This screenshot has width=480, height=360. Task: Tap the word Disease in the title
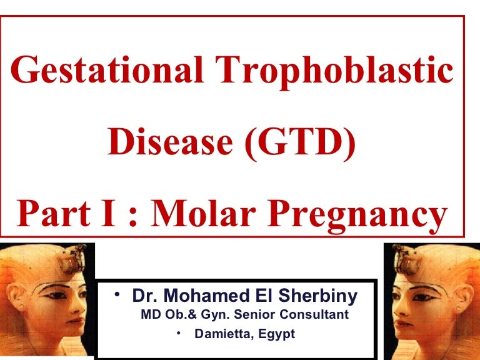coord(170,142)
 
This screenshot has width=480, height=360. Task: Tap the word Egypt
coord(277,334)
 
